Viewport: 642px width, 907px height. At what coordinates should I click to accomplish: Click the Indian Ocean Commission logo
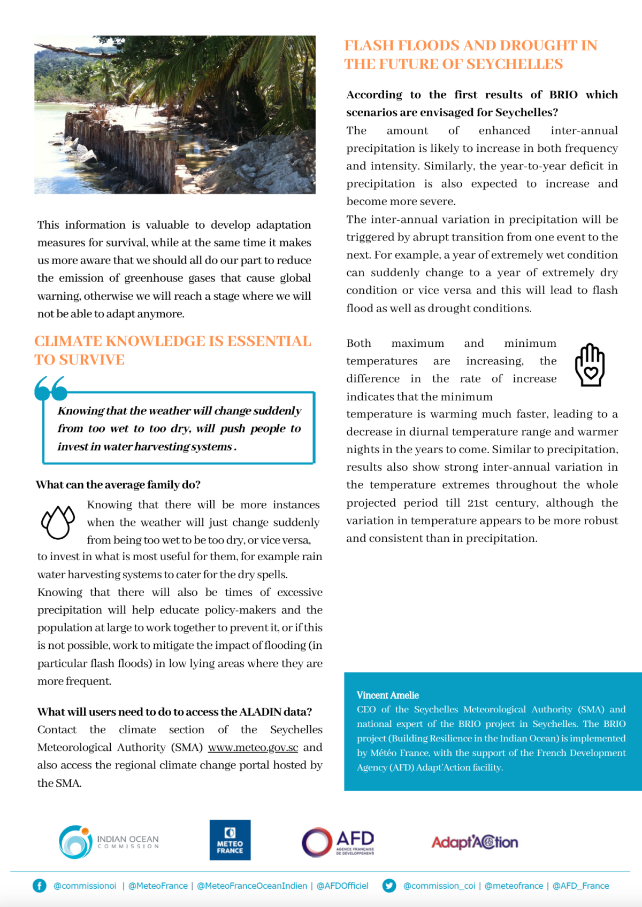[109, 842]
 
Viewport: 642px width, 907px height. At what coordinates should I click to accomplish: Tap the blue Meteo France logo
[230, 840]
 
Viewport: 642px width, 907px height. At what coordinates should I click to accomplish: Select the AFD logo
[338, 842]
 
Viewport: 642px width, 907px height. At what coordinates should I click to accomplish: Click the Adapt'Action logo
[475, 842]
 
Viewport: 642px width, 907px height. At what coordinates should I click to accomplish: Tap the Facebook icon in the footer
[40, 886]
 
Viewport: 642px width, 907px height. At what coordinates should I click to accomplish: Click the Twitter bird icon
[389, 886]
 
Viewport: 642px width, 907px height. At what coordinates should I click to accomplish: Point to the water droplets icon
[58, 522]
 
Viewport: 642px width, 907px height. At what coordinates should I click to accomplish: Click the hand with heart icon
[590, 365]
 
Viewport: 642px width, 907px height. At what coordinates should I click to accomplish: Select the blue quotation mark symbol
[51, 388]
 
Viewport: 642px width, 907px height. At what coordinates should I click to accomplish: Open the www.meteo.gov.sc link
[253, 747]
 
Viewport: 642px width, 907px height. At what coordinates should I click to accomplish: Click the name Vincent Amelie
[387, 695]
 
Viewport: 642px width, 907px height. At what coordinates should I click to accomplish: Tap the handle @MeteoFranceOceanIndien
[252, 886]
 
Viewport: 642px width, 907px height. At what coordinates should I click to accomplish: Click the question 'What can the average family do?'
[118, 485]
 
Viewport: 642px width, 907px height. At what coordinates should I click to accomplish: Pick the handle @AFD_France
[580, 886]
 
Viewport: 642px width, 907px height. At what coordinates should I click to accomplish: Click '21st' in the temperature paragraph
[477, 503]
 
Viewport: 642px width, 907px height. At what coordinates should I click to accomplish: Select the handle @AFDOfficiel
[342, 886]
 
